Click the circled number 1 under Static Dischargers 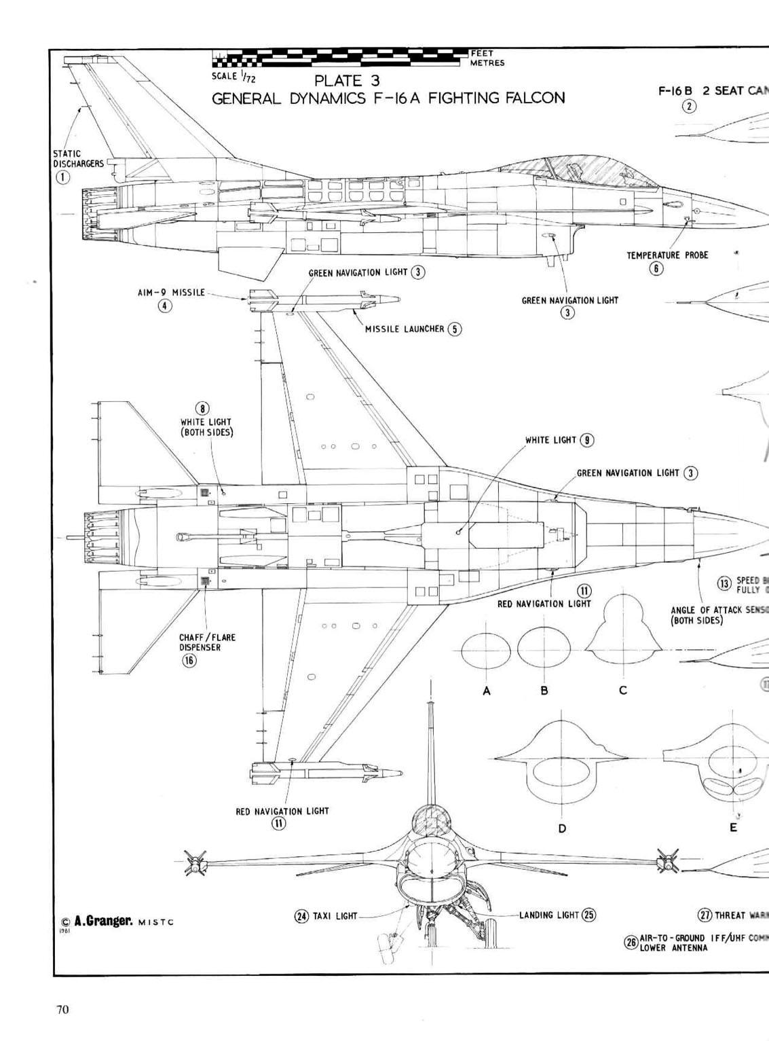click(x=62, y=177)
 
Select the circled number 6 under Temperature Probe click(x=656, y=268)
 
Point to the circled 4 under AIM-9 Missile click(x=165, y=306)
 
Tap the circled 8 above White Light click(x=203, y=409)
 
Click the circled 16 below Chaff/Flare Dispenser click(x=189, y=660)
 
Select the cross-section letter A click(x=486, y=691)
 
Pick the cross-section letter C click(x=623, y=691)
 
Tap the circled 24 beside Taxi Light click(x=301, y=915)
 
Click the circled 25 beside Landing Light click(x=588, y=915)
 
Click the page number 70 click(x=62, y=1009)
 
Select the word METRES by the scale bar click(x=487, y=63)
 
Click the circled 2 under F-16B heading click(x=690, y=106)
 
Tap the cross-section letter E click(x=733, y=828)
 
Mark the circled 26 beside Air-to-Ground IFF click(x=631, y=943)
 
